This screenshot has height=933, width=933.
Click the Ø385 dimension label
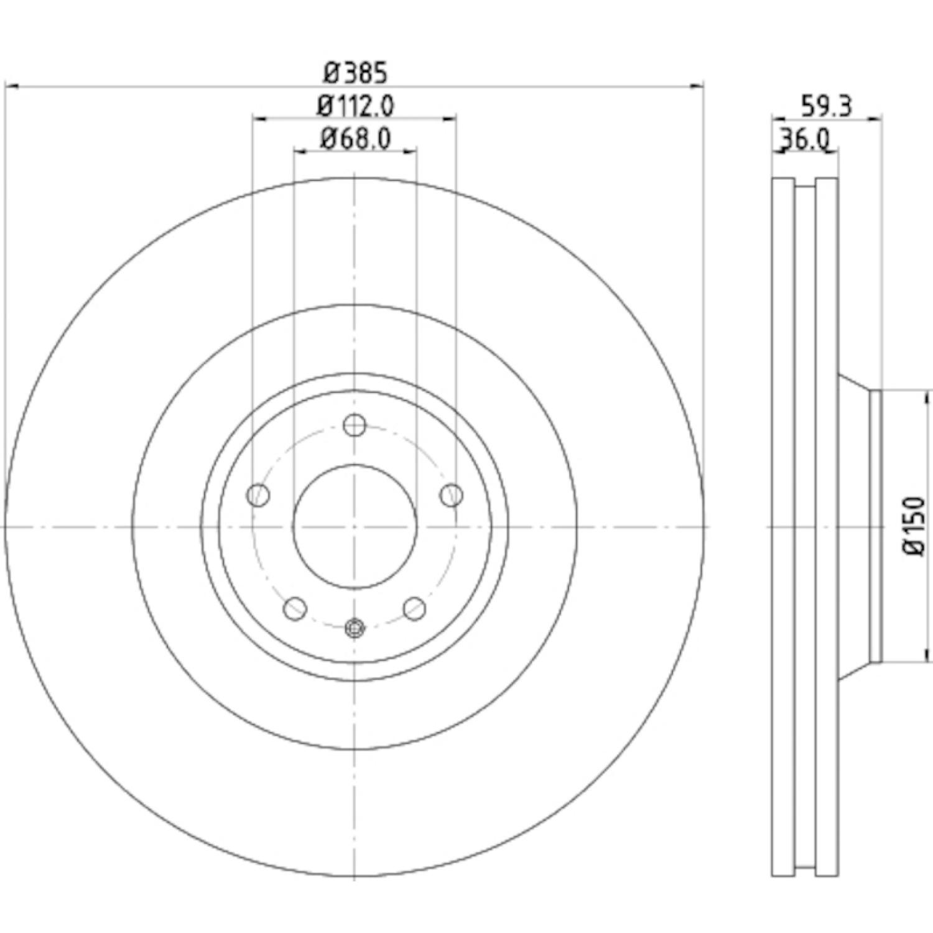(355, 73)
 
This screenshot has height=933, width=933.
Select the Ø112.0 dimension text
(355, 106)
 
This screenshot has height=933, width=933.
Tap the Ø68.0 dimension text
(355, 138)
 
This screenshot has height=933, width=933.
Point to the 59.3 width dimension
(826, 106)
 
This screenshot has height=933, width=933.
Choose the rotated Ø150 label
(916, 526)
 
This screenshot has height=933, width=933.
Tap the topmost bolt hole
(355, 425)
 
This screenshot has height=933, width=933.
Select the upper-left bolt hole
(258, 496)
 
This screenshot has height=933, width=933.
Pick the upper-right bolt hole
(451, 496)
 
